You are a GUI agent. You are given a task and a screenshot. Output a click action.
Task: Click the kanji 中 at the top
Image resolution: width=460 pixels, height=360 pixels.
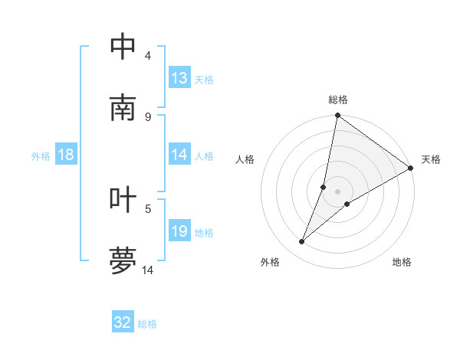(x=123, y=47)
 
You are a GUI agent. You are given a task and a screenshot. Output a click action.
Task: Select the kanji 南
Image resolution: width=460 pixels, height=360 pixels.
(x=123, y=108)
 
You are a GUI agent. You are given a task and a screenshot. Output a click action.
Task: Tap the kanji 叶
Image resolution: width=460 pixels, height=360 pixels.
(x=123, y=199)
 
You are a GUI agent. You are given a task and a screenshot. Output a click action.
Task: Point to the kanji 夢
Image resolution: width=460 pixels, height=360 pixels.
(x=123, y=260)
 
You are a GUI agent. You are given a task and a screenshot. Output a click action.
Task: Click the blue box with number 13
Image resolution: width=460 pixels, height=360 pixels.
(x=179, y=78)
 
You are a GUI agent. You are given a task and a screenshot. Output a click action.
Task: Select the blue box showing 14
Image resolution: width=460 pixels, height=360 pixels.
(x=179, y=155)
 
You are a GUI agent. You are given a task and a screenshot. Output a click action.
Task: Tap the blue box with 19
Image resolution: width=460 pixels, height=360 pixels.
(x=179, y=231)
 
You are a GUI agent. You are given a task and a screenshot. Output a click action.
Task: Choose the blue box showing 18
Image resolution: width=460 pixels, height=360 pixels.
(x=66, y=155)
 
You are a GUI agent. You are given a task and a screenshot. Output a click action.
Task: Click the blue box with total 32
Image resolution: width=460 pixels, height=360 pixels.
(x=123, y=322)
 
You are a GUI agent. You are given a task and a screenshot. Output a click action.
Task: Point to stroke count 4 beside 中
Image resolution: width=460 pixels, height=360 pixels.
(x=148, y=56)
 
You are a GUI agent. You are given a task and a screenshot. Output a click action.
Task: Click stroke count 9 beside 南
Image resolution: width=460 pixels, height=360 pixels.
(x=148, y=116)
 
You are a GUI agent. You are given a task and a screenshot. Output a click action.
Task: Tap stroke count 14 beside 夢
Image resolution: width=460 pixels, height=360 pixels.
(x=148, y=270)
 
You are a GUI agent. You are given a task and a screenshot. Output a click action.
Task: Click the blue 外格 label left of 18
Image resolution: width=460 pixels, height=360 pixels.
(x=41, y=155)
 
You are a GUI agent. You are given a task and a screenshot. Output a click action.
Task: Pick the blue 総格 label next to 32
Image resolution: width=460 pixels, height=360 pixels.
(x=147, y=324)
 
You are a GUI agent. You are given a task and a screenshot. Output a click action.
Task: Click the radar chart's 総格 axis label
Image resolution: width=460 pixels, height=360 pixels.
(x=338, y=100)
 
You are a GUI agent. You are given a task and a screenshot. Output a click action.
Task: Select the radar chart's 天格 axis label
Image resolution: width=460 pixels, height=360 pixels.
(x=431, y=159)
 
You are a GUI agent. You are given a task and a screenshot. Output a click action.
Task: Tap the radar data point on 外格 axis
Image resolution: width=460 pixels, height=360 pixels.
(x=302, y=242)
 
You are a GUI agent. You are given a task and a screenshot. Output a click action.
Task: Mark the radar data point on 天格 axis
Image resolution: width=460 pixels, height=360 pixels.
(x=411, y=169)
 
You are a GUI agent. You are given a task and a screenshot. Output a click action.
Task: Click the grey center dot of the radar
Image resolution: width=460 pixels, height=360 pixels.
(x=338, y=191)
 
